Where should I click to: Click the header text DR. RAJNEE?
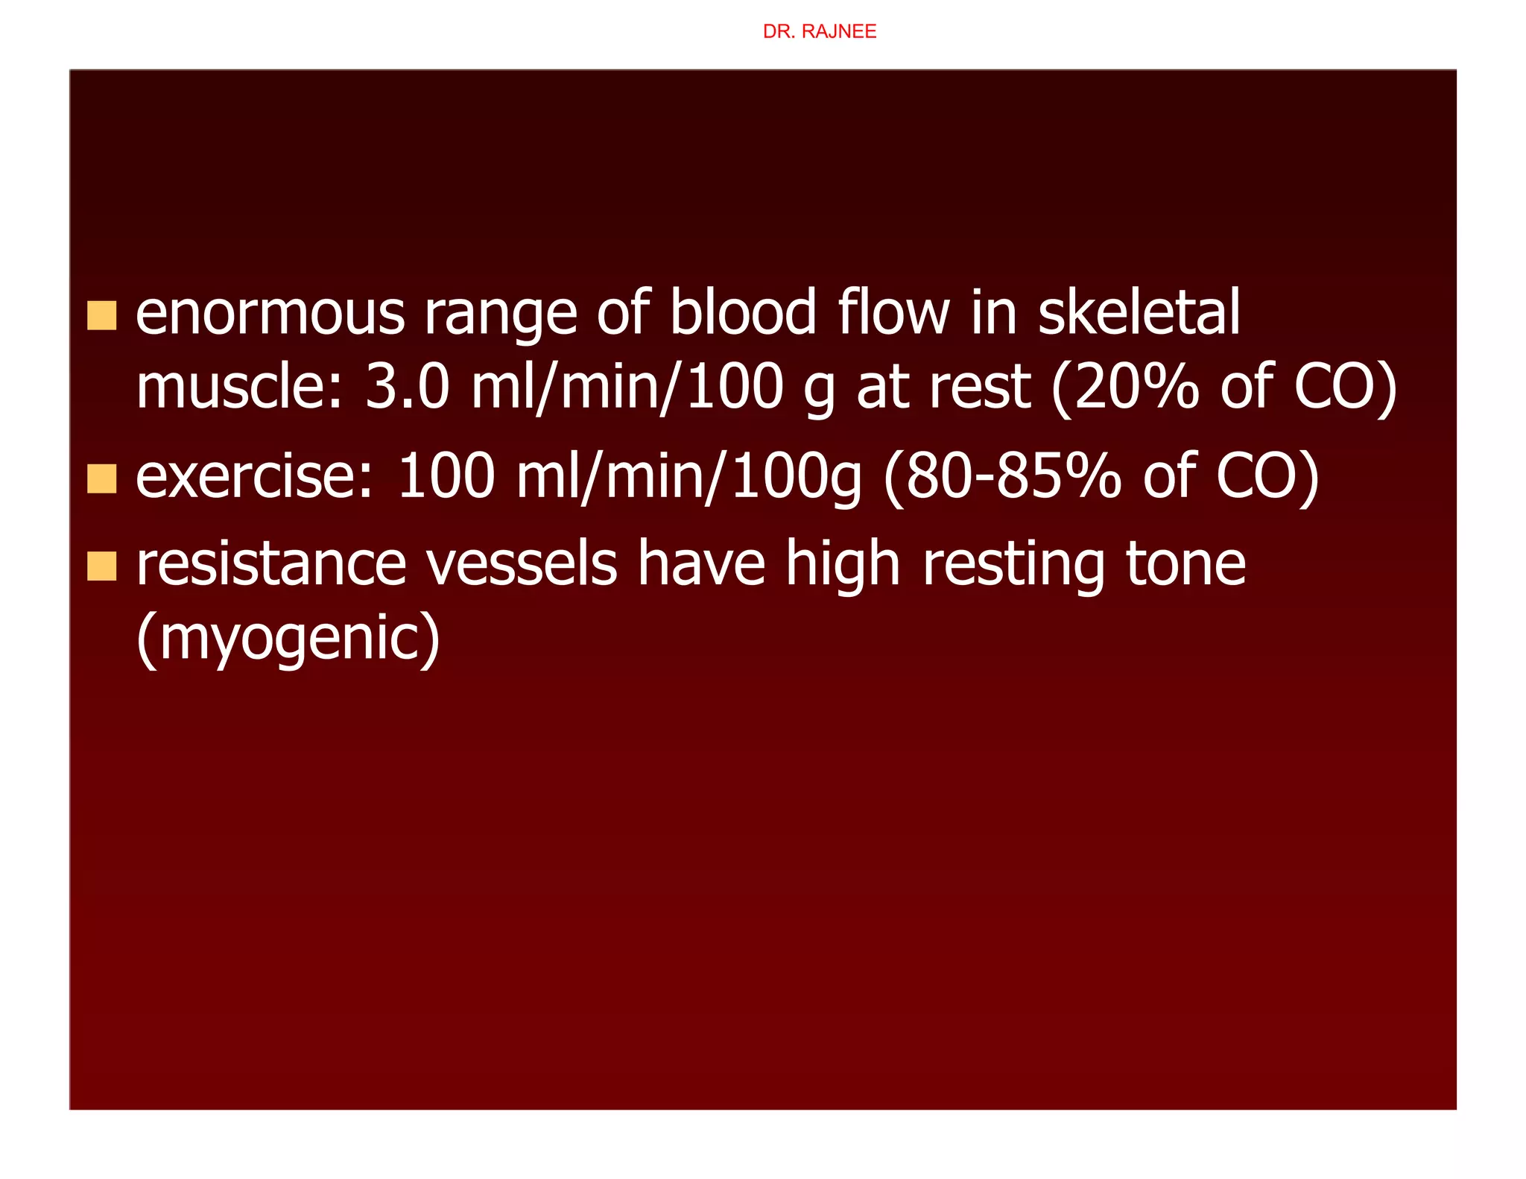click(819, 32)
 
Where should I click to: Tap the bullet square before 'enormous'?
click(102, 315)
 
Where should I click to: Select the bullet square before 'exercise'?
click(102, 478)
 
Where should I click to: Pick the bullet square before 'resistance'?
click(102, 566)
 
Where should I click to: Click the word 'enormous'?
click(270, 314)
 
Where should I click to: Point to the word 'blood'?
click(743, 312)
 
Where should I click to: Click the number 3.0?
click(407, 388)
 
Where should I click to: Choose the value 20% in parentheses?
click(1136, 388)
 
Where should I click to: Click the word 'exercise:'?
click(254, 477)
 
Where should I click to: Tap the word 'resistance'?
click(271, 565)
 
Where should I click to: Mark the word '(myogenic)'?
click(288, 639)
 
